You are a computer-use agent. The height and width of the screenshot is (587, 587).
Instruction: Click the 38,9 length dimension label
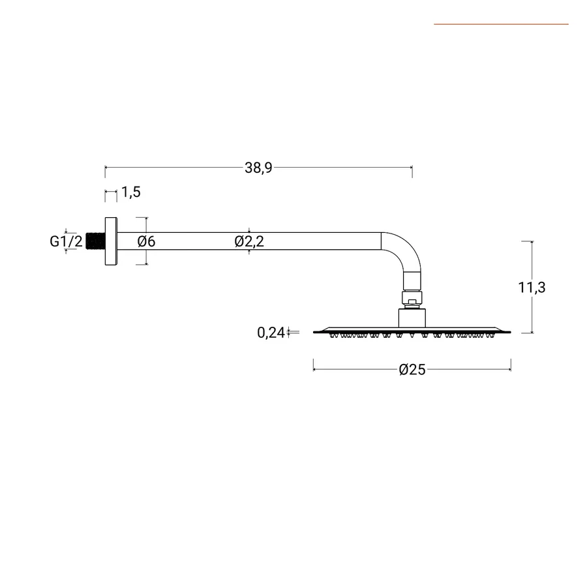(x=258, y=168)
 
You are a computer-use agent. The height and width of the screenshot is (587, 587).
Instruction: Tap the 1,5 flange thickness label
(x=130, y=192)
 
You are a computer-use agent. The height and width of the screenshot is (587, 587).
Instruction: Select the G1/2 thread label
(x=66, y=241)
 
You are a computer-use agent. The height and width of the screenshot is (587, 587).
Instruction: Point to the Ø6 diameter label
(x=146, y=241)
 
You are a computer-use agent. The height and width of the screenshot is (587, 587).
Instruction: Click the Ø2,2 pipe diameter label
(x=249, y=241)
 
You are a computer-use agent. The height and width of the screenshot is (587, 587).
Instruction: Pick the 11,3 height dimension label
(x=532, y=288)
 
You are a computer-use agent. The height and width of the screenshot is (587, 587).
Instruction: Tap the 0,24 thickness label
(x=271, y=333)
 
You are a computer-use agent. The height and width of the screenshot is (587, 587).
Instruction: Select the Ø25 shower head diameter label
(x=412, y=370)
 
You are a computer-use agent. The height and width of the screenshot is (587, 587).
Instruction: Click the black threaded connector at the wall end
(x=95, y=241)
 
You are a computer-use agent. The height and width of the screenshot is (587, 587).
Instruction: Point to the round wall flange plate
(x=111, y=241)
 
